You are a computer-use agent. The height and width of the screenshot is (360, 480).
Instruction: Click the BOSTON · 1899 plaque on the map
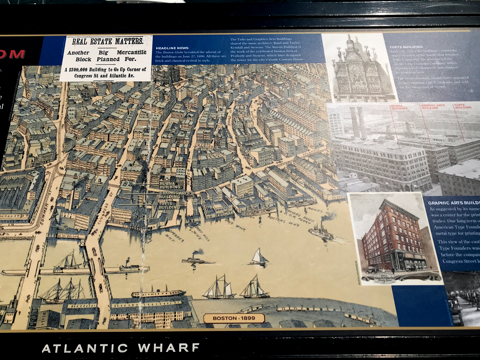click(x=234, y=318)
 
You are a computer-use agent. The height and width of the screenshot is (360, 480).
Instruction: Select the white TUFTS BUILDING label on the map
click(x=169, y=206)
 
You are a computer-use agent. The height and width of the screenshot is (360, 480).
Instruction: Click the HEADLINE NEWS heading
click(x=172, y=48)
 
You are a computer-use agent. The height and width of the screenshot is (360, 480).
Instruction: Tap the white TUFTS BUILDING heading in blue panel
click(x=406, y=47)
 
